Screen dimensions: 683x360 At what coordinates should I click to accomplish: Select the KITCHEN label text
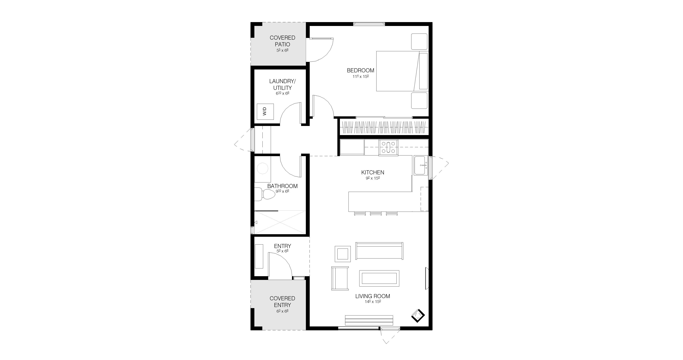(x=372, y=172)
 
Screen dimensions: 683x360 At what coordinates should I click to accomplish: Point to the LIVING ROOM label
(x=372, y=296)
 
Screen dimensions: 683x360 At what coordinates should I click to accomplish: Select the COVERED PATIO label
(x=282, y=41)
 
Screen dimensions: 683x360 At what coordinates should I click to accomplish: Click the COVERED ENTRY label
(x=282, y=302)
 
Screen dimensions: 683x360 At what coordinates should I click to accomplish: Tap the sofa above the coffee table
(x=379, y=251)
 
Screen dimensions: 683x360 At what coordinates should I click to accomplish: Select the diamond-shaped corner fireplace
(x=418, y=315)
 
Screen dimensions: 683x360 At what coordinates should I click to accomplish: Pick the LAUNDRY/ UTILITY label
(x=282, y=84)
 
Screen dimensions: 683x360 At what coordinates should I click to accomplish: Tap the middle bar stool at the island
(x=376, y=213)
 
